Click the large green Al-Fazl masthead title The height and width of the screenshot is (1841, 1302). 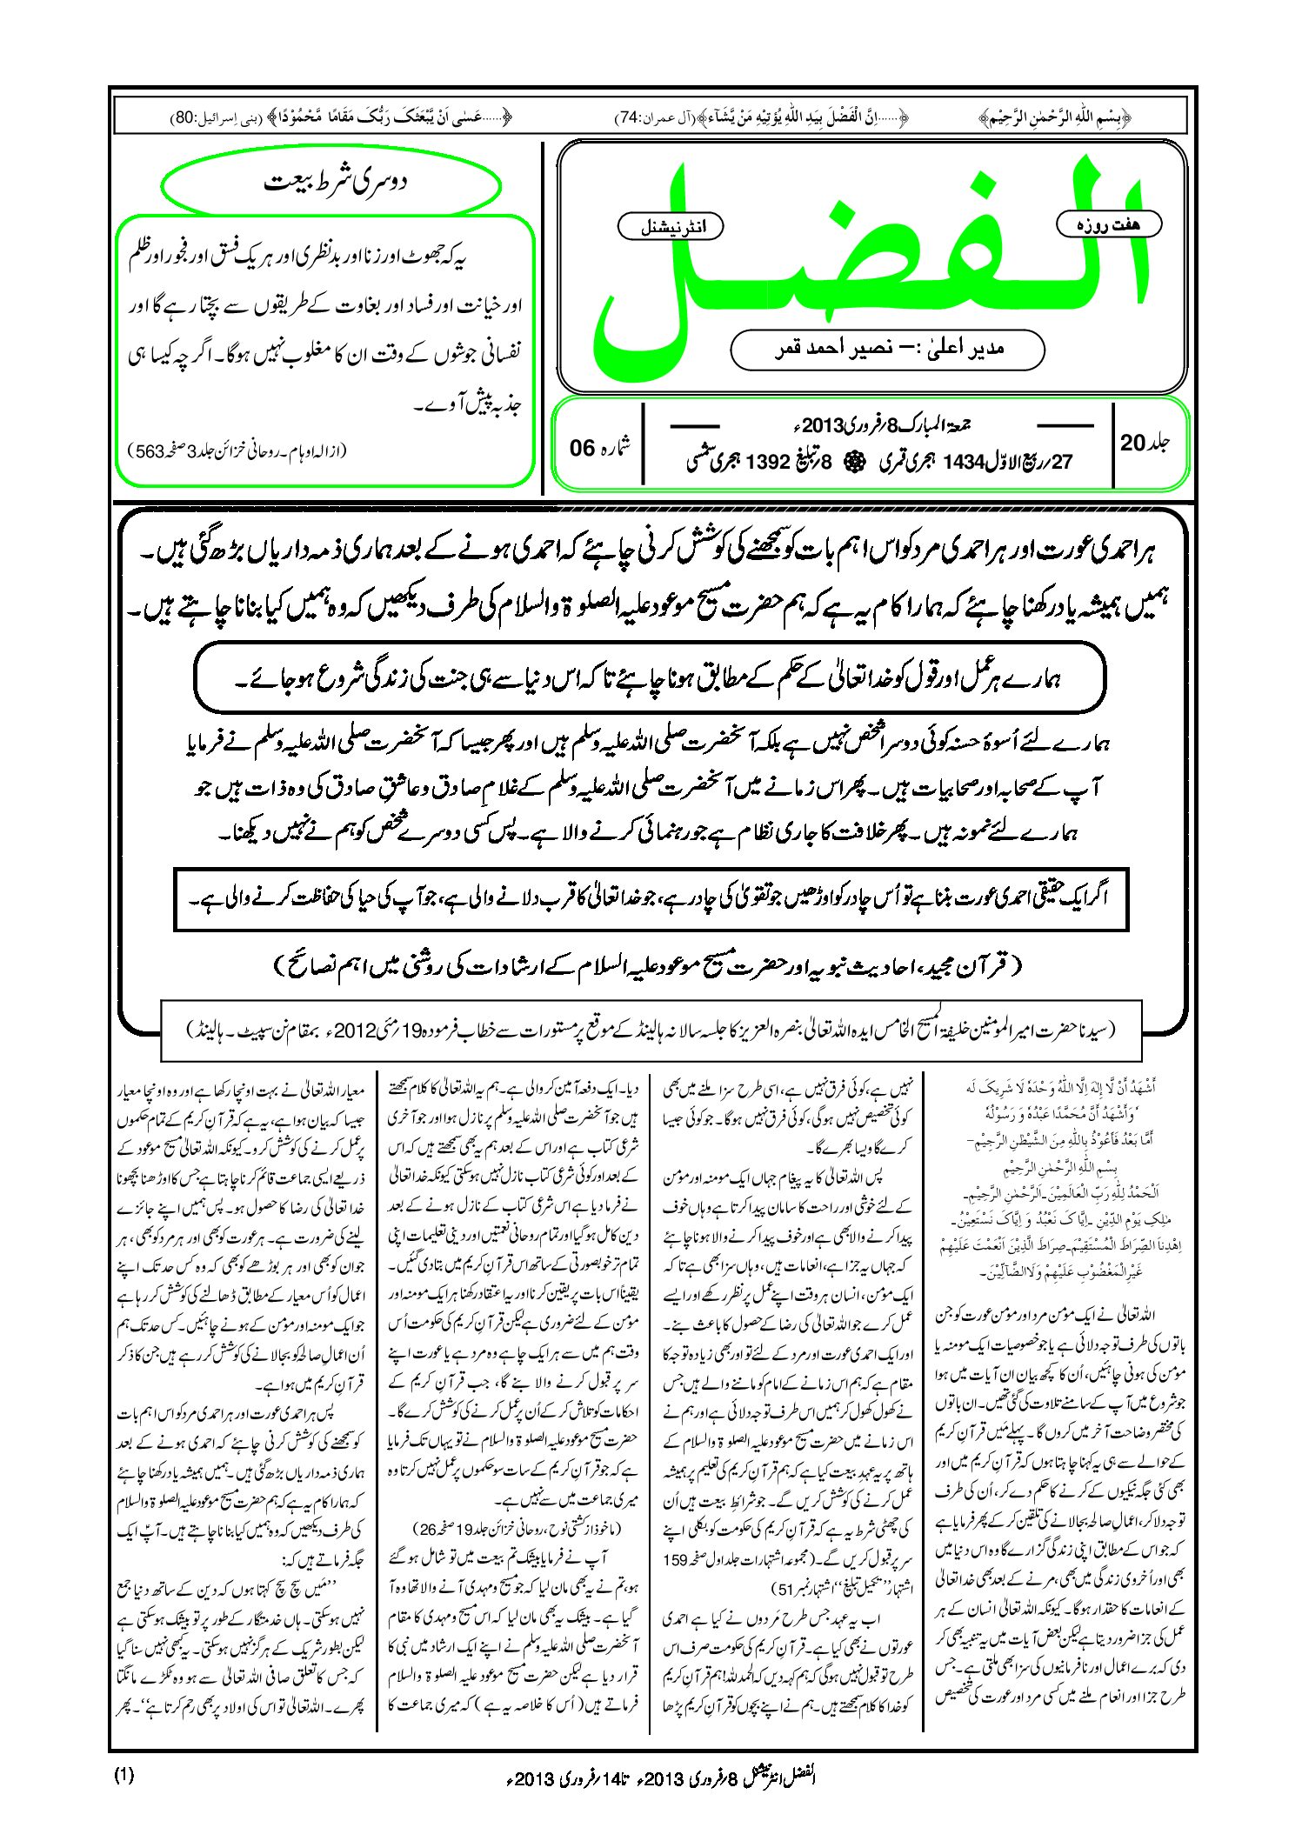tap(870, 261)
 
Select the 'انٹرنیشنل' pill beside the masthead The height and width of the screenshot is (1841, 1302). tap(670, 227)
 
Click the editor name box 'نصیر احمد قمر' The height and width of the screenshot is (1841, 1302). tap(887, 349)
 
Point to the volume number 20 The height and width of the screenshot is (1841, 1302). tap(1132, 443)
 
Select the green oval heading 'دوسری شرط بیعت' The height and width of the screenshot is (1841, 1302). tap(333, 185)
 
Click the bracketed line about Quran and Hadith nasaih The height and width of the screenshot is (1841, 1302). tap(648, 965)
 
